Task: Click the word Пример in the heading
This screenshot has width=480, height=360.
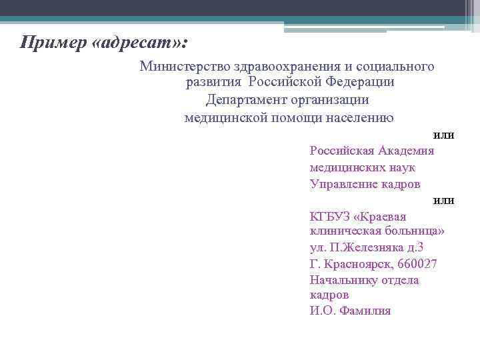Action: [53, 43]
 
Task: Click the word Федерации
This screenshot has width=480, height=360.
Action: [360, 83]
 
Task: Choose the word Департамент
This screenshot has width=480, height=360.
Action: [246, 100]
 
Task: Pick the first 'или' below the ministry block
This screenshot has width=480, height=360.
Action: [443, 135]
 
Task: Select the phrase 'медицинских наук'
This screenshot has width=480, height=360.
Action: [362, 167]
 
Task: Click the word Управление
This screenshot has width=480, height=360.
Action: [341, 184]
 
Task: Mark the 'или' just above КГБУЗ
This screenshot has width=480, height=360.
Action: [443, 200]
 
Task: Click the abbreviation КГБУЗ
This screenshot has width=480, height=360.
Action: [330, 216]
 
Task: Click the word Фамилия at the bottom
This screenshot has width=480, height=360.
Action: [365, 311]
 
